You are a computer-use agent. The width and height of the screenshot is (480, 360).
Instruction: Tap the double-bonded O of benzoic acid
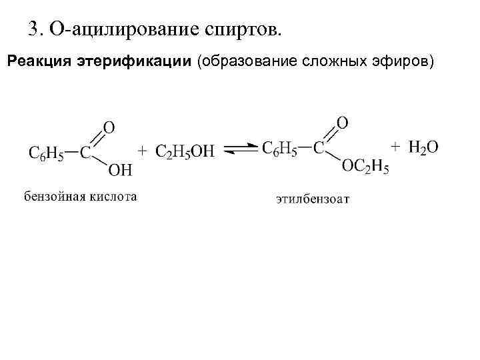click(109, 126)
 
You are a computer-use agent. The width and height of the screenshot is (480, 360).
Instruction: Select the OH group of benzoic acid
click(120, 171)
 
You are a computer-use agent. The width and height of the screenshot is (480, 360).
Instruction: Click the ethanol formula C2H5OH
click(185, 152)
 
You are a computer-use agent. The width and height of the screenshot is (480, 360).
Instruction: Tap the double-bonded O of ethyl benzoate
click(343, 122)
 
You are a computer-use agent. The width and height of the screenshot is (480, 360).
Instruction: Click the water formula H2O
click(423, 147)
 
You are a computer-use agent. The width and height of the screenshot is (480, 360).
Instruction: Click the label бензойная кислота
click(81, 196)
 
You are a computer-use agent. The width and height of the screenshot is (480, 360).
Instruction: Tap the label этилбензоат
click(313, 199)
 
